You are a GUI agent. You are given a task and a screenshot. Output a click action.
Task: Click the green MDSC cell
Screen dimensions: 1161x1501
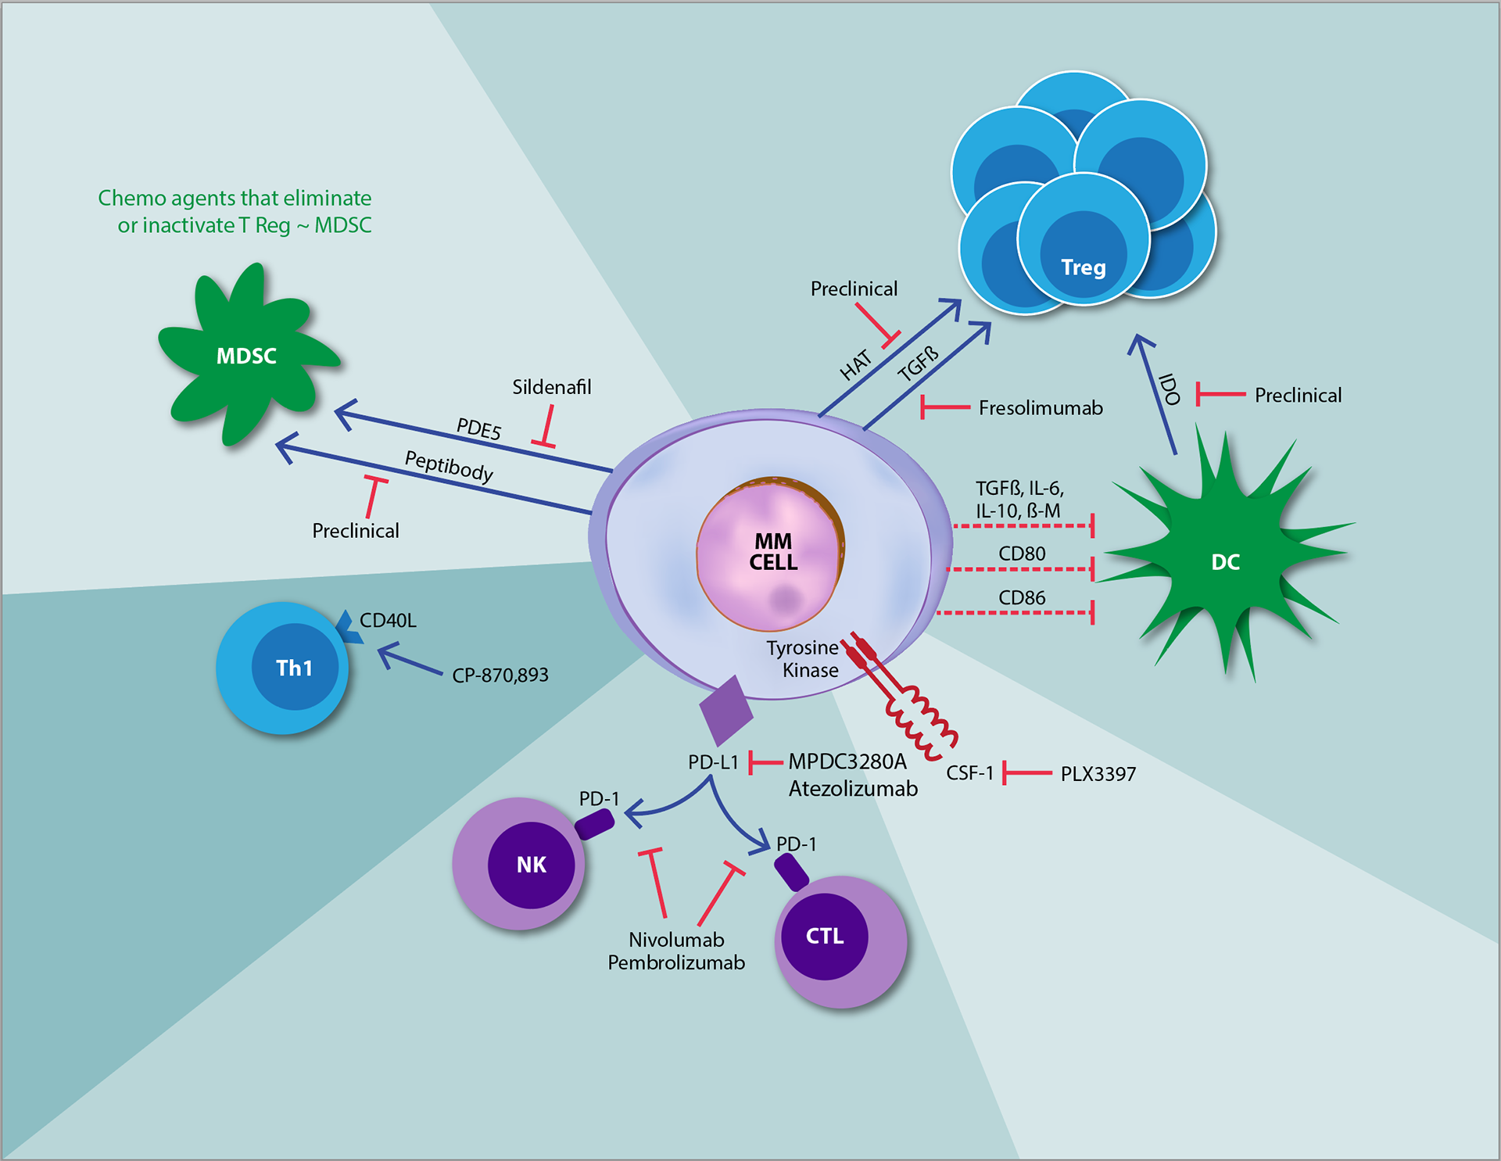tap(245, 357)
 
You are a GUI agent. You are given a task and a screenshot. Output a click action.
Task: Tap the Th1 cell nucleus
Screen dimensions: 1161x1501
tap(294, 668)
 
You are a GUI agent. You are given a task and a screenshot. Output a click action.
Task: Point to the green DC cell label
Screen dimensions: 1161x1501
tap(1225, 562)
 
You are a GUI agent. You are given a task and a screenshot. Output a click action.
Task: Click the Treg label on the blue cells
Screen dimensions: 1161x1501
tap(1084, 267)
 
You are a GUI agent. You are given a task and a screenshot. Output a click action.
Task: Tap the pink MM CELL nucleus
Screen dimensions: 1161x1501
tap(771, 553)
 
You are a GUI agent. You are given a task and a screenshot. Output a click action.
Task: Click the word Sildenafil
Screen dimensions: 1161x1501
tap(551, 387)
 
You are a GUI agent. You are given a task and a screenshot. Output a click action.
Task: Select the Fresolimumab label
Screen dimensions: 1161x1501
tap(1041, 408)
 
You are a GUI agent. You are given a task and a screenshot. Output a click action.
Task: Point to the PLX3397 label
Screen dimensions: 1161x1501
tap(1098, 774)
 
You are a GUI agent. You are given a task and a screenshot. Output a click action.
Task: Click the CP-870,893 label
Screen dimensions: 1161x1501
tap(500, 675)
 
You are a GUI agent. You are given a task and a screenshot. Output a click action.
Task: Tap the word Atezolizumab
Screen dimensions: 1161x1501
tap(853, 789)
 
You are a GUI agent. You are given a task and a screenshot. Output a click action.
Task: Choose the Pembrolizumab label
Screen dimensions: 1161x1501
tap(676, 962)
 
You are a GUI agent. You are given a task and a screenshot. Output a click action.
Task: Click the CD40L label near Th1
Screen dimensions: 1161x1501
tap(388, 621)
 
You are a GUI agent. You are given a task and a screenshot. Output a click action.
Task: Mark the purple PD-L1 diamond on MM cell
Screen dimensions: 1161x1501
tap(725, 710)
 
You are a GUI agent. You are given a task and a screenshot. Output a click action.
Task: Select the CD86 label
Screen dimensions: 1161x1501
tap(1022, 598)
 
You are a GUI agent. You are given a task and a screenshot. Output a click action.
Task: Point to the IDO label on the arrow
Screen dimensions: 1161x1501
tap(1170, 389)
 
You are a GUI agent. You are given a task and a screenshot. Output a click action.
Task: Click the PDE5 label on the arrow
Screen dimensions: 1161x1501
tap(478, 428)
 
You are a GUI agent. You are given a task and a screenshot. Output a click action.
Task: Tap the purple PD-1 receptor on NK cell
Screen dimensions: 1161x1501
tap(595, 824)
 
